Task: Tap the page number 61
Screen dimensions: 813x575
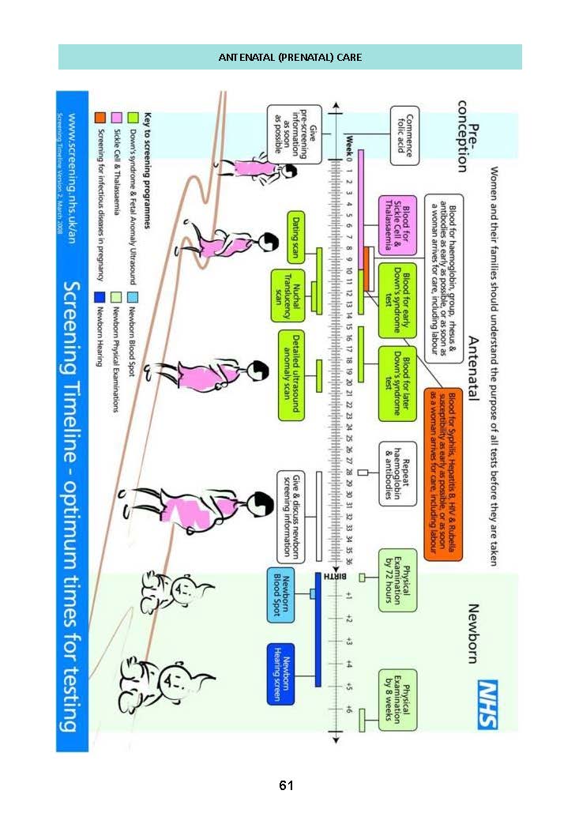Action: click(x=286, y=785)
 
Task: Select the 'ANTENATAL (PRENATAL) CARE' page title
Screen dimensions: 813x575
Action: click(x=290, y=58)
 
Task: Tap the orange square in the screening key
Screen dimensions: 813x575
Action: click(x=100, y=118)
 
